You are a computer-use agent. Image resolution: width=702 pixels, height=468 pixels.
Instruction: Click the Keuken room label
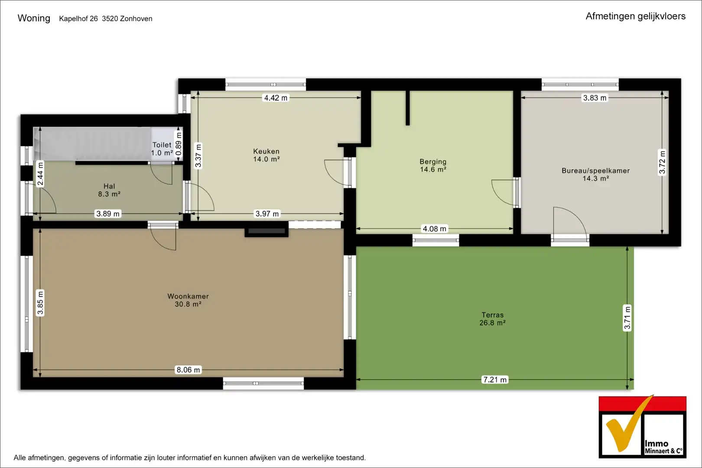click(266, 155)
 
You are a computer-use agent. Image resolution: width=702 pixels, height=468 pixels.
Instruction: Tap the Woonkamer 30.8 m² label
click(188, 300)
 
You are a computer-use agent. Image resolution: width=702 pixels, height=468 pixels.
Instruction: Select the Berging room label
click(433, 166)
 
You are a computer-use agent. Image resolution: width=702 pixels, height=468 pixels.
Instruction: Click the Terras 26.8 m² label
click(492, 319)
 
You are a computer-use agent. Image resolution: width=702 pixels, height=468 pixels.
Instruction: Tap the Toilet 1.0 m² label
click(162, 149)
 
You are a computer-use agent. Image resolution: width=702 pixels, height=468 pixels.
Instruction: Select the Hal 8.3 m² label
click(109, 190)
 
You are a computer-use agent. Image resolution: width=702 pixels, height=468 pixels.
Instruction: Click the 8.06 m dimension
click(188, 370)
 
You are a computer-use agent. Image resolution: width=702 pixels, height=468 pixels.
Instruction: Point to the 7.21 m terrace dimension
click(495, 380)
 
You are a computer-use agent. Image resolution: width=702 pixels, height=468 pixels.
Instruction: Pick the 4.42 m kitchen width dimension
click(276, 98)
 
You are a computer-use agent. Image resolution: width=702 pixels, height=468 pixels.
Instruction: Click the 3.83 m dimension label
click(595, 98)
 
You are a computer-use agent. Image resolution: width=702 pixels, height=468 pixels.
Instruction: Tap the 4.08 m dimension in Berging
click(434, 229)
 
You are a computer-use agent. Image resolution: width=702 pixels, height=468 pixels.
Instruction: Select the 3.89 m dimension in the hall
click(108, 214)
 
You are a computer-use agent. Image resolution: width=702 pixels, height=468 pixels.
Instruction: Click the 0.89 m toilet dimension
click(179, 144)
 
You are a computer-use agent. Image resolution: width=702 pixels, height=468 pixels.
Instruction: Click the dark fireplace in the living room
click(266, 232)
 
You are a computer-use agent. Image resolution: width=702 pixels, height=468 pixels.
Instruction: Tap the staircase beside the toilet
click(92, 144)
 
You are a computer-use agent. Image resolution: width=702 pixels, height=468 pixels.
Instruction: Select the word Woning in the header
click(34, 18)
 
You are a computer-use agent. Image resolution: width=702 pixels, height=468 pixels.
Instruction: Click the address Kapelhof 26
click(78, 19)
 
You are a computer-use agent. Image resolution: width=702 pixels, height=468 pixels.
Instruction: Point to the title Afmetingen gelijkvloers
click(636, 16)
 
